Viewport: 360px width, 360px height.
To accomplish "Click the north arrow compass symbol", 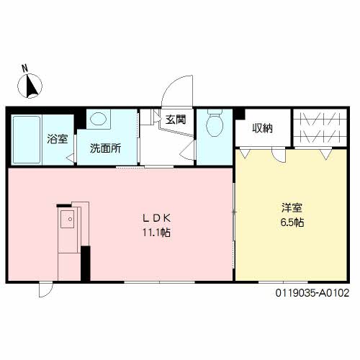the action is pos(30,86).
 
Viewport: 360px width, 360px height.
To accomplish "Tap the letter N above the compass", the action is pos(24,68).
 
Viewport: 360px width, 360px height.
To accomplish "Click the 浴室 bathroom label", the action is pos(58,139).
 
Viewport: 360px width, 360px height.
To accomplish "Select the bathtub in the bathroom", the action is pos(27,140).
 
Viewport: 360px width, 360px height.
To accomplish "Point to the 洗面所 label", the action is pos(105,148).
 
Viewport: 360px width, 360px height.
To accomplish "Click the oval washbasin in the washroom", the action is pos(99,119).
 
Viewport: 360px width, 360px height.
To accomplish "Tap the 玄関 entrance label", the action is pos(176,120).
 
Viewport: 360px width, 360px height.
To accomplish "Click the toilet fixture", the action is pos(215,123).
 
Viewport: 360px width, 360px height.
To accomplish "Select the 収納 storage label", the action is pos(263,128).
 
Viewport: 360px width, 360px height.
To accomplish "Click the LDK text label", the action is pos(157,218).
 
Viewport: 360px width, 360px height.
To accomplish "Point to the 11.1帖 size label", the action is pos(157,233).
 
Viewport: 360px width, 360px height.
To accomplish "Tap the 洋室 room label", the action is pos(292,208).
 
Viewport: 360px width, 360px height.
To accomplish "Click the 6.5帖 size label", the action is pos(292,222).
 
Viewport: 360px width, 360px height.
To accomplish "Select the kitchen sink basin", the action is pos(67,219).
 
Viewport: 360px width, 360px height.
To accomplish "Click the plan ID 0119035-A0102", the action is pos(312,293).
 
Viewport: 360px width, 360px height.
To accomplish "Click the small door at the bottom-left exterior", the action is pos(46,290).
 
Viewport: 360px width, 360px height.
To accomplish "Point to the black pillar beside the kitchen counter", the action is pos(86,264).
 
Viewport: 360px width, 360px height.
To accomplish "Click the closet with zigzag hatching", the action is pos(320,127).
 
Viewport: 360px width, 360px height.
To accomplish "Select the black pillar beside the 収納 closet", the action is pos(240,114).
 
